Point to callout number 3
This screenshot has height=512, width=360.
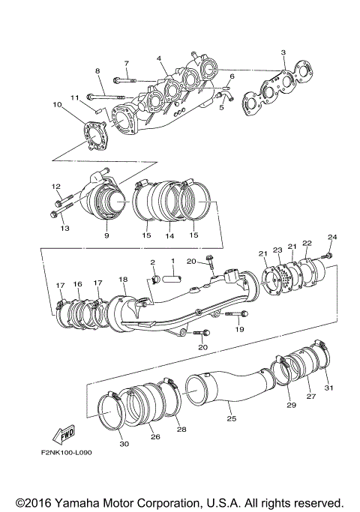283,52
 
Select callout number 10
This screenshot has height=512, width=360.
56,105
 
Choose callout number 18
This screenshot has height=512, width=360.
122,279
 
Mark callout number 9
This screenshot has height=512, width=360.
106,235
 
